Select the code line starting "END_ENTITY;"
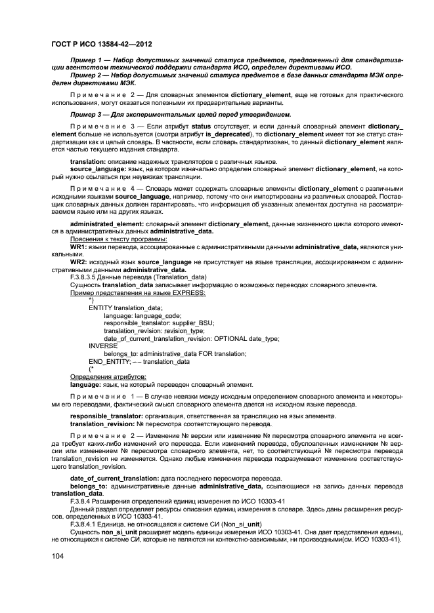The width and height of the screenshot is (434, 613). [139, 361]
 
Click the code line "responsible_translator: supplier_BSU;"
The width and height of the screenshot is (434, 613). [159, 323]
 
